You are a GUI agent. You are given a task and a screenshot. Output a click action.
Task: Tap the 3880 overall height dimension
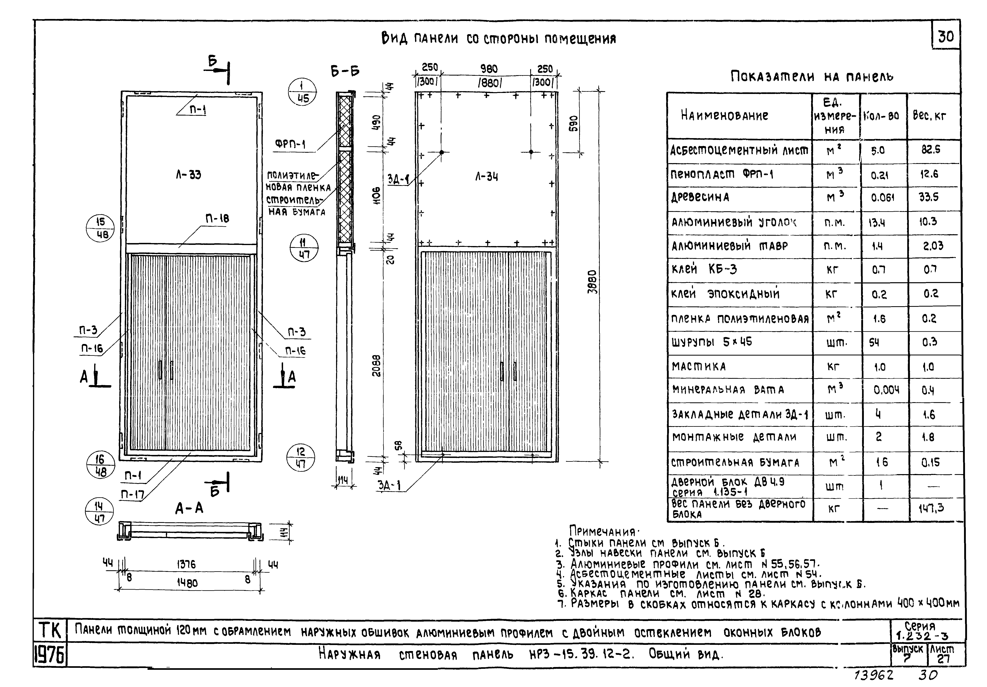(592, 282)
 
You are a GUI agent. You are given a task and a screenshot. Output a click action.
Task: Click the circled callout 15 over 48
(100, 228)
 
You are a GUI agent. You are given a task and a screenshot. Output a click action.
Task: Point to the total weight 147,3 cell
(932, 509)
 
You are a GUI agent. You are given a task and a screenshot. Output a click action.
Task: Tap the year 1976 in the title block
(49, 656)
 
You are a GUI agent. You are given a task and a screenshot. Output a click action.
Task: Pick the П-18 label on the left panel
(217, 218)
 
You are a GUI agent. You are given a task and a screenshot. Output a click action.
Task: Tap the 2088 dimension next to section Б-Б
(377, 365)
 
